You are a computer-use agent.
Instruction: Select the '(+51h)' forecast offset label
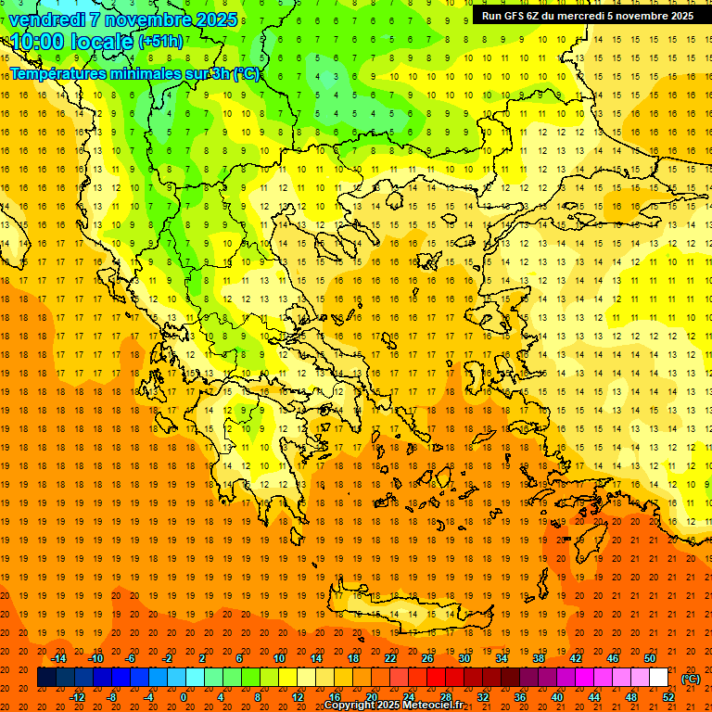click(160, 42)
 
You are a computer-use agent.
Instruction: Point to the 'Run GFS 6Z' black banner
click(587, 16)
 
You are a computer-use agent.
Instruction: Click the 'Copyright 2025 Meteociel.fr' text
click(393, 706)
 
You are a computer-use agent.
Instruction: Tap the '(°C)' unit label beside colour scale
click(691, 679)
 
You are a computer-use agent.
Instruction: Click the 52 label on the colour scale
click(668, 697)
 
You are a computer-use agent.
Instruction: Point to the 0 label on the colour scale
click(184, 697)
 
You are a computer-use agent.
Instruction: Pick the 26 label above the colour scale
click(427, 658)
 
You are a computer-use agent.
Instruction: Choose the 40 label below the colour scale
click(557, 697)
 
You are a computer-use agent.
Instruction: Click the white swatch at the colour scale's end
click(659, 678)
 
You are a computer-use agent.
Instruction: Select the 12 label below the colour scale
click(298, 697)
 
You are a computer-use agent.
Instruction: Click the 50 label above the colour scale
click(650, 658)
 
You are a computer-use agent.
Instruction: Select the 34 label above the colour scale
click(502, 658)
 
